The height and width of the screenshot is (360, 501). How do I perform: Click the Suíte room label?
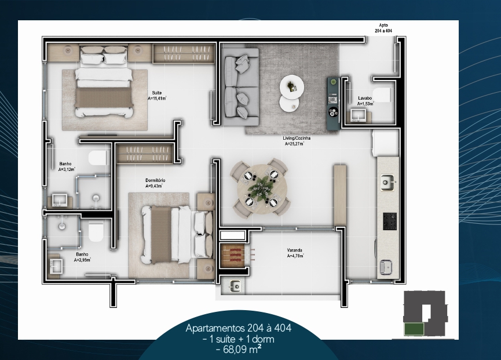(156, 93)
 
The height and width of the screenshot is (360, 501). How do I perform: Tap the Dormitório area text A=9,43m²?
(154, 186)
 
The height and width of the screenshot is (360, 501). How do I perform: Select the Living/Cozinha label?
(297, 138)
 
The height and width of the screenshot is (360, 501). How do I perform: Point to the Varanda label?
(295, 250)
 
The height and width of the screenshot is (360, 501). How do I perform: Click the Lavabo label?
(365, 98)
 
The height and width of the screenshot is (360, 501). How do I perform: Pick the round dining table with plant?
(262, 188)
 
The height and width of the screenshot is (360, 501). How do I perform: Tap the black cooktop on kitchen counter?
(390, 221)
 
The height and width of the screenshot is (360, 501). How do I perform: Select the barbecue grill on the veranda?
(233, 255)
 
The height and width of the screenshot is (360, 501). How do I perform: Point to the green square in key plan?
(414, 329)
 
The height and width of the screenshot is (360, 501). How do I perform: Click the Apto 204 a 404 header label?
(383, 28)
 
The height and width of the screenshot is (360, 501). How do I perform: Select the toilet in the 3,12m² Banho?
(98, 158)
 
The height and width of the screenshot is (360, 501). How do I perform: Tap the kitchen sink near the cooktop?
(387, 183)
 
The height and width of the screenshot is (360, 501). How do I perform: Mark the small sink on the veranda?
(236, 285)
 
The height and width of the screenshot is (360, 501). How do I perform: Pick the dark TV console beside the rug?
(333, 104)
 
